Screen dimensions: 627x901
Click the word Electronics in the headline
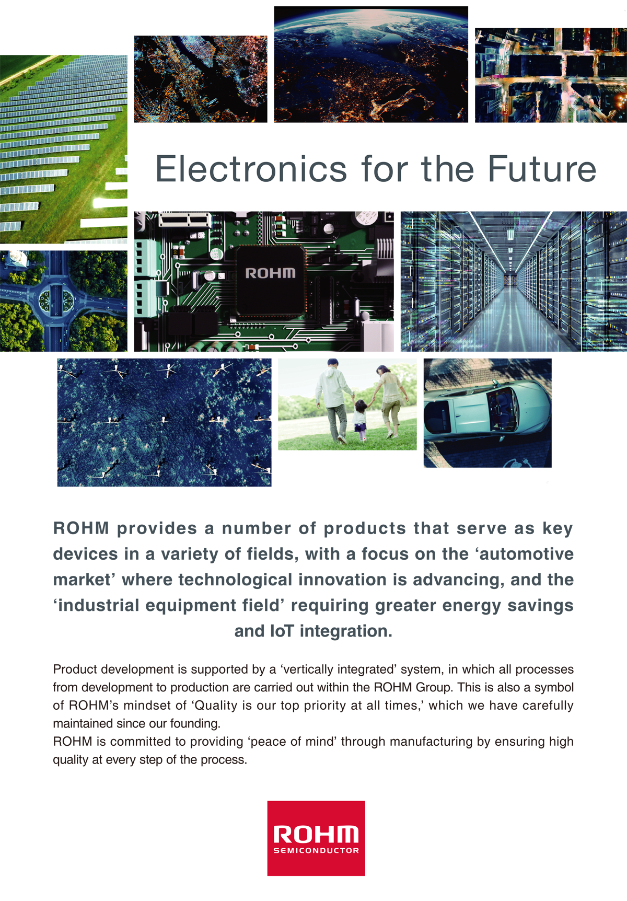(251, 169)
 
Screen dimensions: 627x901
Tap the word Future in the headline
(542, 169)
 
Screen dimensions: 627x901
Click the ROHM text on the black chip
(271, 273)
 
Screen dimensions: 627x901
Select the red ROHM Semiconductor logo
(316, 838)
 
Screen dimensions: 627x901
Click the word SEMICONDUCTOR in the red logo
(316, 850)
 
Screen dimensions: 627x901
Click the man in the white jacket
(333, 400)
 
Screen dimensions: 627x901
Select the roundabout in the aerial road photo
(55, 301)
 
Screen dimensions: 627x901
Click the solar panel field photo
(64, 149)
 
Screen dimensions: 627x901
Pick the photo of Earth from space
(371, 64)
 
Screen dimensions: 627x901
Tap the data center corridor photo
(514, 281)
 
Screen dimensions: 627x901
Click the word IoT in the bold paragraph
(282, 631)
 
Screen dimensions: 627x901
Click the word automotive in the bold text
(527, 553)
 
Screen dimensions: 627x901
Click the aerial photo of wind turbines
(164, 422)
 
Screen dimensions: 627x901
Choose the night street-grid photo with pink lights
(551, 75)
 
